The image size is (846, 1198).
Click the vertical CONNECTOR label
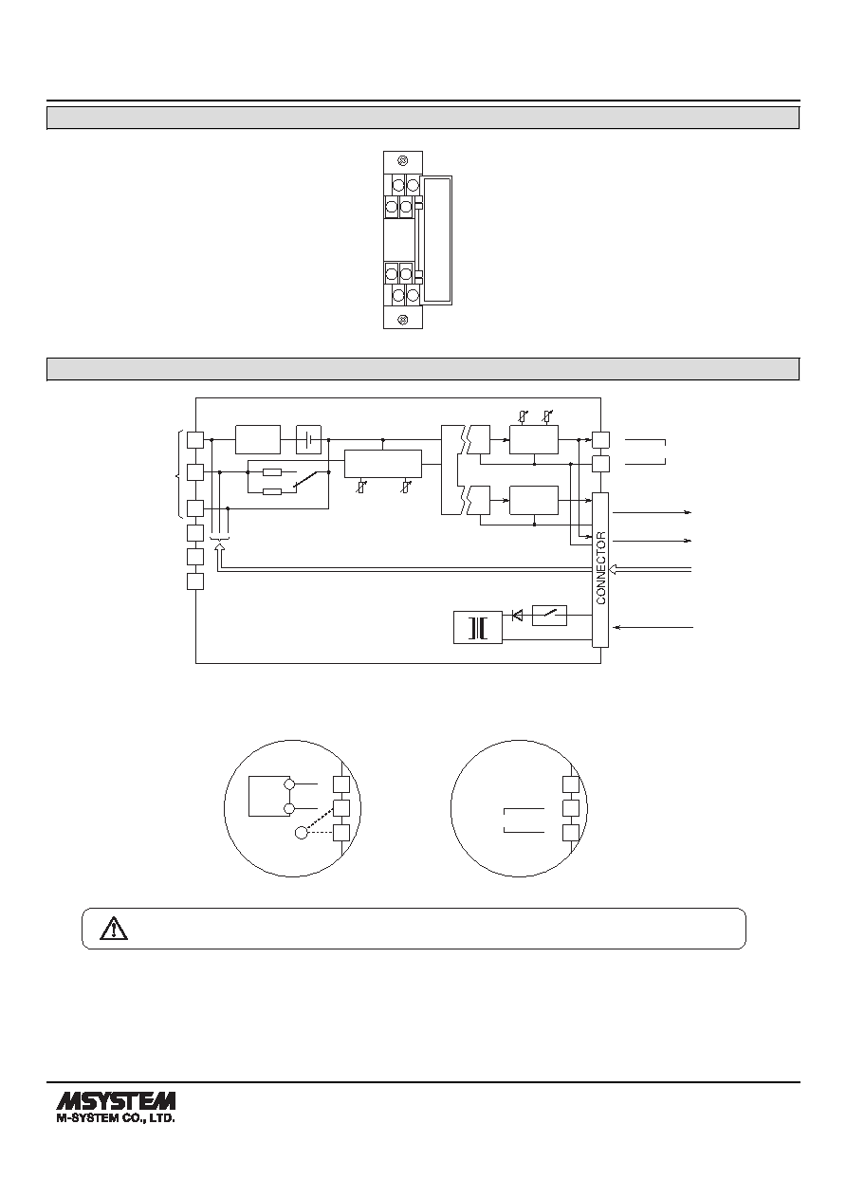click(x=600, y=568)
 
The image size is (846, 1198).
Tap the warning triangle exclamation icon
click(x=114, y=929)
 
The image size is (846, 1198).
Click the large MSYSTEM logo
click(x=116, y=1100)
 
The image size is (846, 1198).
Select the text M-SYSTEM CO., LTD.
click(x=116, y=1117)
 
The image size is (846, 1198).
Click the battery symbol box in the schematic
click(x=308, y=439)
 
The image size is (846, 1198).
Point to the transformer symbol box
click(x=478, y=627)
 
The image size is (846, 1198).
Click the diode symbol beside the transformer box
click(x=517, y=616)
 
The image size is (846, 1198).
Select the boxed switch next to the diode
click(x=549, y=616)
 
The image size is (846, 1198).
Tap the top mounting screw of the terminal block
click(x=404, y=160)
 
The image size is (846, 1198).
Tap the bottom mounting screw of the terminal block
click(x=404, y=320)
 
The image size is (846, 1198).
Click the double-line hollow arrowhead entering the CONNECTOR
click(x=614, y=569)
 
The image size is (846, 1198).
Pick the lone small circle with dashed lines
click(x=302, y=833)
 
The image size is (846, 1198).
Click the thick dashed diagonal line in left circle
click(x=320, y=819)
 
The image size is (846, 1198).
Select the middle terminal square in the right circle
click(x=571, y=808)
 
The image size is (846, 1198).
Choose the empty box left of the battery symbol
click(x=258, y=439)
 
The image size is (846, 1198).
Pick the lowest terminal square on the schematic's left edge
click(x=195, y=581)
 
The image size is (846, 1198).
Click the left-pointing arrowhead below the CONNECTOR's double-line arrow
click(x=616, y=627)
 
